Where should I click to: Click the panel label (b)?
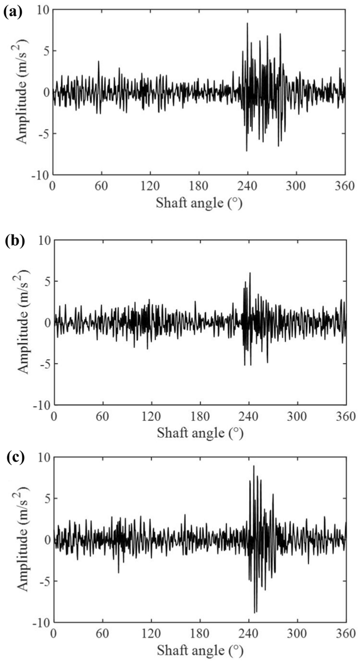(x=12, y=241)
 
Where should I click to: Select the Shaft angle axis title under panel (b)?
(x=199, y=432)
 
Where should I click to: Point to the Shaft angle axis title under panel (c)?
(x=199, y=649)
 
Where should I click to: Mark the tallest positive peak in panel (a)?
(x=247, y=23)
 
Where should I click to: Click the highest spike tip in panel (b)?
(x=250, y=273)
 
